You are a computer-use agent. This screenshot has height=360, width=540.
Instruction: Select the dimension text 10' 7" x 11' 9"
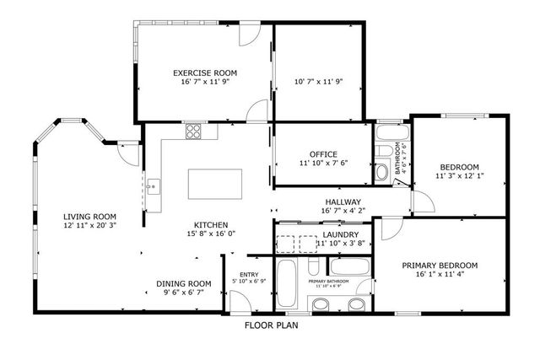318,82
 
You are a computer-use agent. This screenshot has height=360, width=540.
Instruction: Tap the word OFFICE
323,153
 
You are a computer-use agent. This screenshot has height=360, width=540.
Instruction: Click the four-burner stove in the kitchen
194,132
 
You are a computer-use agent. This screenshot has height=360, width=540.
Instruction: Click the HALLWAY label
343,202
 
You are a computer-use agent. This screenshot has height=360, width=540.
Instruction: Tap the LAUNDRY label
341,234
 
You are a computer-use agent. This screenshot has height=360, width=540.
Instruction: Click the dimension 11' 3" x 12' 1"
459,176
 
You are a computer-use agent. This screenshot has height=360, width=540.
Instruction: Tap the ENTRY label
249,274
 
